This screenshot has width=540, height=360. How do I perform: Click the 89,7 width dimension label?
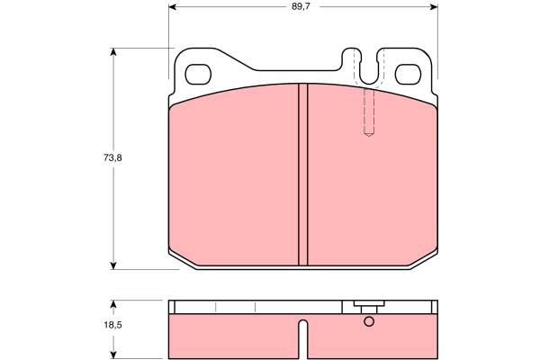(301, 6)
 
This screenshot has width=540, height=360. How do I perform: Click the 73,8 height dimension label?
(112, 158)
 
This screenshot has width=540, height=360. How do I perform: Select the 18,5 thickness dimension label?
(113, 325)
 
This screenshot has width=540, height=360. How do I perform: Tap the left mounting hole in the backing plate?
(198, 75)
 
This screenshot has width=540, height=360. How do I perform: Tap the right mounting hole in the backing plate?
(408, 75)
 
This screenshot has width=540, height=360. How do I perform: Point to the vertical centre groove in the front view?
(303, 175)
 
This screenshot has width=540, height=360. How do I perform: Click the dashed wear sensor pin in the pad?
(369, 112)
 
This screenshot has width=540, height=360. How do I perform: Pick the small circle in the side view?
(369, 322)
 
